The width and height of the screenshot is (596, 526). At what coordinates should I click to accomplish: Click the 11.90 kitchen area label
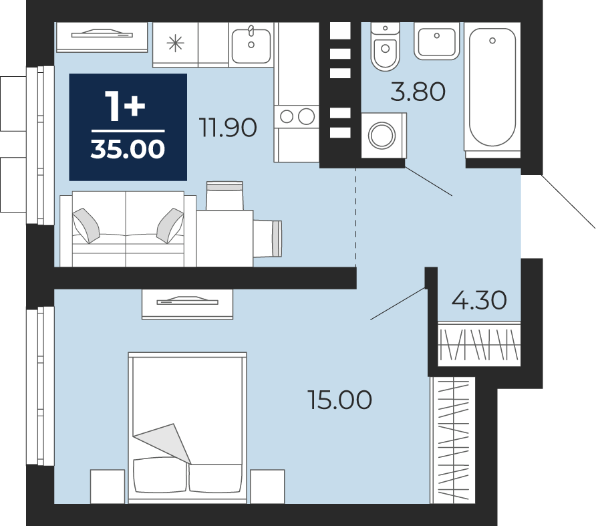pyautogui.click(x=228, y=128)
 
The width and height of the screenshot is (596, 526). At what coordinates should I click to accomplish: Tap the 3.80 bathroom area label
pyautogui.click(x=418, y=92)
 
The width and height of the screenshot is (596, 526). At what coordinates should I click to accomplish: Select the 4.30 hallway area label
pyautogui.click(x=479, y=299)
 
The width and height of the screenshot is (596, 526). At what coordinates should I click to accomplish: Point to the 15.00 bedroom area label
pyautogui.click(x=340, y=400)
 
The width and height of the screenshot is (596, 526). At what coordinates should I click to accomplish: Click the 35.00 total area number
pyautogui.click(x=128, y=148)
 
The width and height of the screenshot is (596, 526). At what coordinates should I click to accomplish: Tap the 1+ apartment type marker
pyautogui.click(x=125, y=106)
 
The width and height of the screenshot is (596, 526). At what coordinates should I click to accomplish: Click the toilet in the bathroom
pyautogui.click(x=386, y=46)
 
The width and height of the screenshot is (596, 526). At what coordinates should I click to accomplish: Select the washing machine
pyautogui.click(x=384, y=135)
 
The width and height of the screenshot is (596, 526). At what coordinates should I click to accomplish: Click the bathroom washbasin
pyautogui.click(x=437, y=41)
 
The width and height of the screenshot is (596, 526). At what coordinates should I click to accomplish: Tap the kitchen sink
pyautogui.click(x=251, y=45)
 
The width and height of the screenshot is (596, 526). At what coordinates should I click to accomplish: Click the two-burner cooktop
pyautogui.click(x=297, y=116)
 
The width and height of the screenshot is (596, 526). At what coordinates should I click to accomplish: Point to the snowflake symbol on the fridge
pyautogui.click(x=175, y=43)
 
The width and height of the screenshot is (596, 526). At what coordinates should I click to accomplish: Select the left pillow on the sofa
pyautogui.click(x=86, y=225)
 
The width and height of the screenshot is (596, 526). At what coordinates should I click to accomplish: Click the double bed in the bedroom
pyautogui.click(x=187, y=428)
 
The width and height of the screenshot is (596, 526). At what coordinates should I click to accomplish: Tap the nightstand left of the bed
pyautogui.click(x=108, y=487)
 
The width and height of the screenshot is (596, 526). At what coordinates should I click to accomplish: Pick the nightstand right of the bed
pyautogui.click(x=267, y=487)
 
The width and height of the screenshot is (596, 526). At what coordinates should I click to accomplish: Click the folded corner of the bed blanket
pyautogui.click(x=164, y=443)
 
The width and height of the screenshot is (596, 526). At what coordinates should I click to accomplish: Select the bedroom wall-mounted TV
pyautogui.click(x=187, y=304)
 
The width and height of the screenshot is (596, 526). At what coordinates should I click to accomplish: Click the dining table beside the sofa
pyautogui.click(x=225, y=239)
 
